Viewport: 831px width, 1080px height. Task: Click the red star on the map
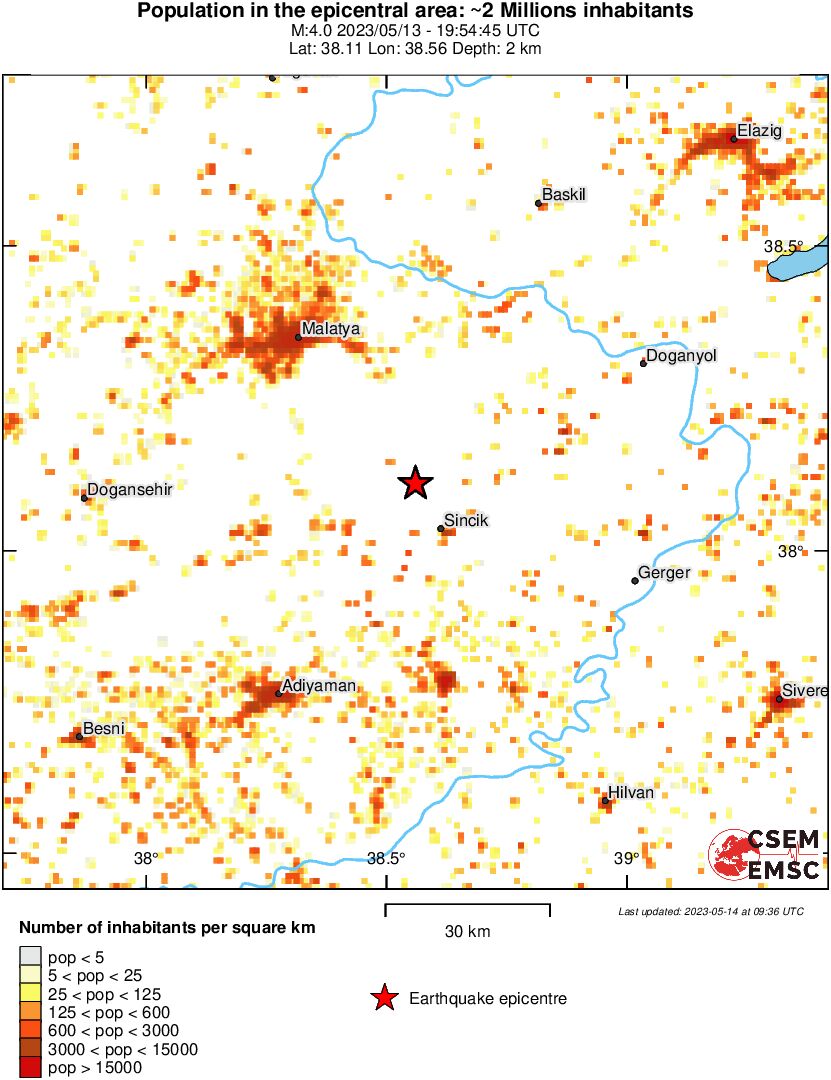[x=415, y=483]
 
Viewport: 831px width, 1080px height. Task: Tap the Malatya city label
[x=331, y=328]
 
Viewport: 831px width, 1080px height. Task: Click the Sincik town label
[x=466, y=520]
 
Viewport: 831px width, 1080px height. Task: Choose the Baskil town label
[x=562, y=194]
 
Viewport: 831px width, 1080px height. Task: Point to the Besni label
[x=103, y=728]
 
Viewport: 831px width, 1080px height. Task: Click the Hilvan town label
[x=631, y=792]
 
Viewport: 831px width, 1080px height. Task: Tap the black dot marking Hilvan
[x=606, y=801]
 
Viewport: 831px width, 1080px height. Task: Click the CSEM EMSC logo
[x=765, y=856]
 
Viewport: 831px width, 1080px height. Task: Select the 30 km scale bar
[x=467, y=909]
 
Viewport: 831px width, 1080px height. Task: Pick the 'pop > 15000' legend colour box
[x=30, y=1067]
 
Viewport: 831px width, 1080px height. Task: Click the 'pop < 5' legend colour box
[x=30, y=957]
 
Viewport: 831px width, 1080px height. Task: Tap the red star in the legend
[x=383, y=998]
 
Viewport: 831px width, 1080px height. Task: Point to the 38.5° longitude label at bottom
[x=386, y=858]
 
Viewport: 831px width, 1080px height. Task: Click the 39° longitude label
[x=626, y=858]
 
